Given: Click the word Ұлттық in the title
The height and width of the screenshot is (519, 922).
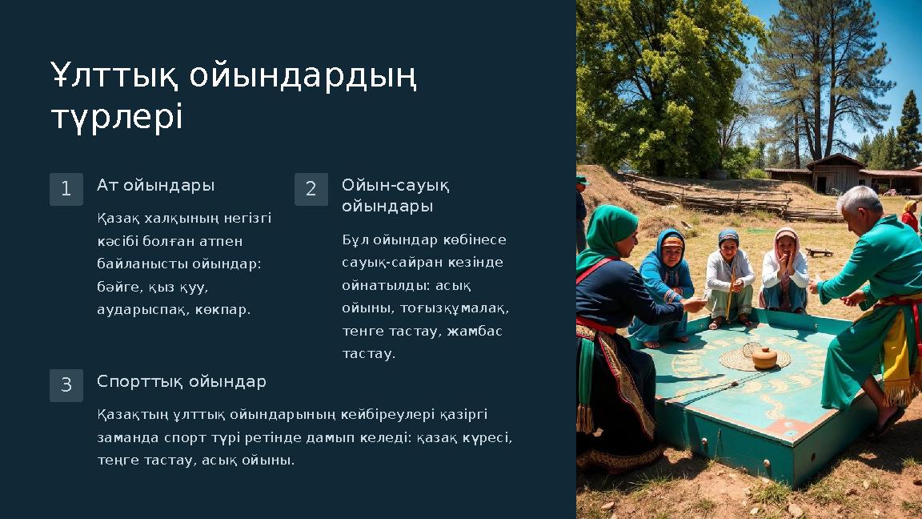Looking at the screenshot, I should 108,77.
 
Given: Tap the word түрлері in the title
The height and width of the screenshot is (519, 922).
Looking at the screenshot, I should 117,119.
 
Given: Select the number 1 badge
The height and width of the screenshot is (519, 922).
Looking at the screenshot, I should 66,190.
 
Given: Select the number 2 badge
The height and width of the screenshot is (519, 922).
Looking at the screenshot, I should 311,190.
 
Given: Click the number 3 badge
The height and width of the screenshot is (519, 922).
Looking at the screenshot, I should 66,385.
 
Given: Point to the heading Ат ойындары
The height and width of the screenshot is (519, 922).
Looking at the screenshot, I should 155,186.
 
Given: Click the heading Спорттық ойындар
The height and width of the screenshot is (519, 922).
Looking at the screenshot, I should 182,382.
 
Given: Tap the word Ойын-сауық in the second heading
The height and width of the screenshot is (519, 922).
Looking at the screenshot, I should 395,186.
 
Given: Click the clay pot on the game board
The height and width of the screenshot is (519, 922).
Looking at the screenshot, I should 764,357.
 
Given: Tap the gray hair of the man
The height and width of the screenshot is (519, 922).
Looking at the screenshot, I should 860,199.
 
